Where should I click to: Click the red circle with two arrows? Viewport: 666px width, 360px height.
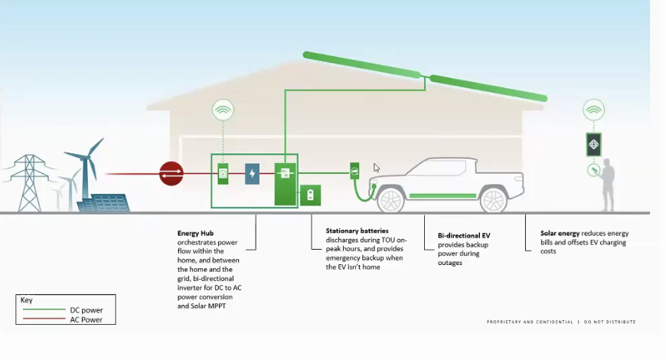click(171, 174)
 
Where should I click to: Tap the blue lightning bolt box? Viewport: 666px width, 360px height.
click(252, 174)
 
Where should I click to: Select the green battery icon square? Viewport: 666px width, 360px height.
click(310, 195)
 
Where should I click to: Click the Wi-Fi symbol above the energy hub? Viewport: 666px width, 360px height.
click(223, 111)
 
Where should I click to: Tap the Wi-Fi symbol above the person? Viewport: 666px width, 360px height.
click(593, 110)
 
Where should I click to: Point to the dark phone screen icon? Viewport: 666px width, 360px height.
click(593, 144)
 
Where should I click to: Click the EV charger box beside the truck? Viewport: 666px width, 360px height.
click(354, 171)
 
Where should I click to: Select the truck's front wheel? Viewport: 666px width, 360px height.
click(390, 200)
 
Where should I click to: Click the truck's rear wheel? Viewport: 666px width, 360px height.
click(494, 200)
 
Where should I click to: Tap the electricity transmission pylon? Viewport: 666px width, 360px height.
click(28, 183)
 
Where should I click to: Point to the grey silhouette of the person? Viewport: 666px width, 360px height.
click(608, 185)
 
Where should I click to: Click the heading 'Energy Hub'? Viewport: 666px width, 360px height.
click(194, 233)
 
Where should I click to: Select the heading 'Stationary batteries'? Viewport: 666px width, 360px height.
click(357, 231)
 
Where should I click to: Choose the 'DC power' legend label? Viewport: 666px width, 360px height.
click(87, 310)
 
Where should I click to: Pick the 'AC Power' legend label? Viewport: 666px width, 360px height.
click(87, 319)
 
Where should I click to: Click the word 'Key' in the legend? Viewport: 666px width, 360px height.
click(27, 300)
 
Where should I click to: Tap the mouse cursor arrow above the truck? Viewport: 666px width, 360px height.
click(376, 168)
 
